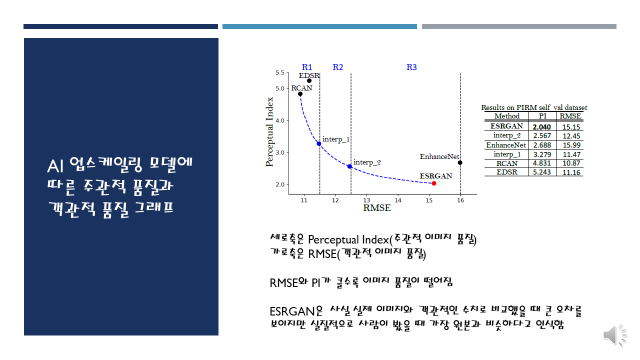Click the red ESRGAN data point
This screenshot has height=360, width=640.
tap(434, 183)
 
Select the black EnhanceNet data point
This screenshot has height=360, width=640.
tap(460, 162)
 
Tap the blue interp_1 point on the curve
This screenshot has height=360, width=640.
tap(319, 143)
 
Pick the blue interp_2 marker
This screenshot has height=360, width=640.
tap(349, 166)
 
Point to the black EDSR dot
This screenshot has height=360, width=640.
tap(309, 81)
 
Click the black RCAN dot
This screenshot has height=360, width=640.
tap(300, 94)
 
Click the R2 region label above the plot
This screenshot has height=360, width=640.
tap(337, 67)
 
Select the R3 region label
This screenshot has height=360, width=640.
tap(411, 67)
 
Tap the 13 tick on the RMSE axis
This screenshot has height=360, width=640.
tap(366, 200)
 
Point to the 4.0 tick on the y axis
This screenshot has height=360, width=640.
tap(280, 120)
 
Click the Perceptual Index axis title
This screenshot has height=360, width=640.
tap(269, 131)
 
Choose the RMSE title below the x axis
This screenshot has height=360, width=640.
tap(377, 208)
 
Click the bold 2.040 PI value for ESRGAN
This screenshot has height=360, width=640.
tap(541, 127)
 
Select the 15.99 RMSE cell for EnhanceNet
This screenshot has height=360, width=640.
tap(571, 145)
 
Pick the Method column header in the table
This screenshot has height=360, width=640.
tap(507, 116)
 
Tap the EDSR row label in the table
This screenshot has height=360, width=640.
tap(507, 172)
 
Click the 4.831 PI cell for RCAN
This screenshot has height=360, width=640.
tap(542, 163)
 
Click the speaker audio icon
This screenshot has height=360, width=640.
tap(614, 335)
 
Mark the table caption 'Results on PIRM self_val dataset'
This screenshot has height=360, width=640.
tap(534, 107)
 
